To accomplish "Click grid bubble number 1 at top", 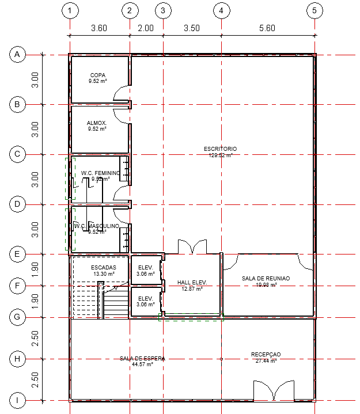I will [x=69, y=11].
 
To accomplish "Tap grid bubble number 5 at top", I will [x=314, y=11].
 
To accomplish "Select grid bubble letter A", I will [x=17, y=55].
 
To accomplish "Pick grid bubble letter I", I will [x=17, y=400].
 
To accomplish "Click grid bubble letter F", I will [x=17, y=286].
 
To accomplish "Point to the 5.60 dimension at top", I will [x=267, y=28].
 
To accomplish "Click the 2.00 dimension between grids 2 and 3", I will [x=146, y=28].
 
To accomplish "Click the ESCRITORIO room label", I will [x=220, y=149].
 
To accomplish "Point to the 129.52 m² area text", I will [x=220, y=155].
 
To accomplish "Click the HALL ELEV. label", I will [x=192, y=282].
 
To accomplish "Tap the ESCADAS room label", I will [x=104, y=268].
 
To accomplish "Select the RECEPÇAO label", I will [x=266, y=354].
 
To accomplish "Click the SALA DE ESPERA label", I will [x=142, y=358].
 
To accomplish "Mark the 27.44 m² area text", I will [x=266, y=361].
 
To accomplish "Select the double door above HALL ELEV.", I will [x=191, y=246].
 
